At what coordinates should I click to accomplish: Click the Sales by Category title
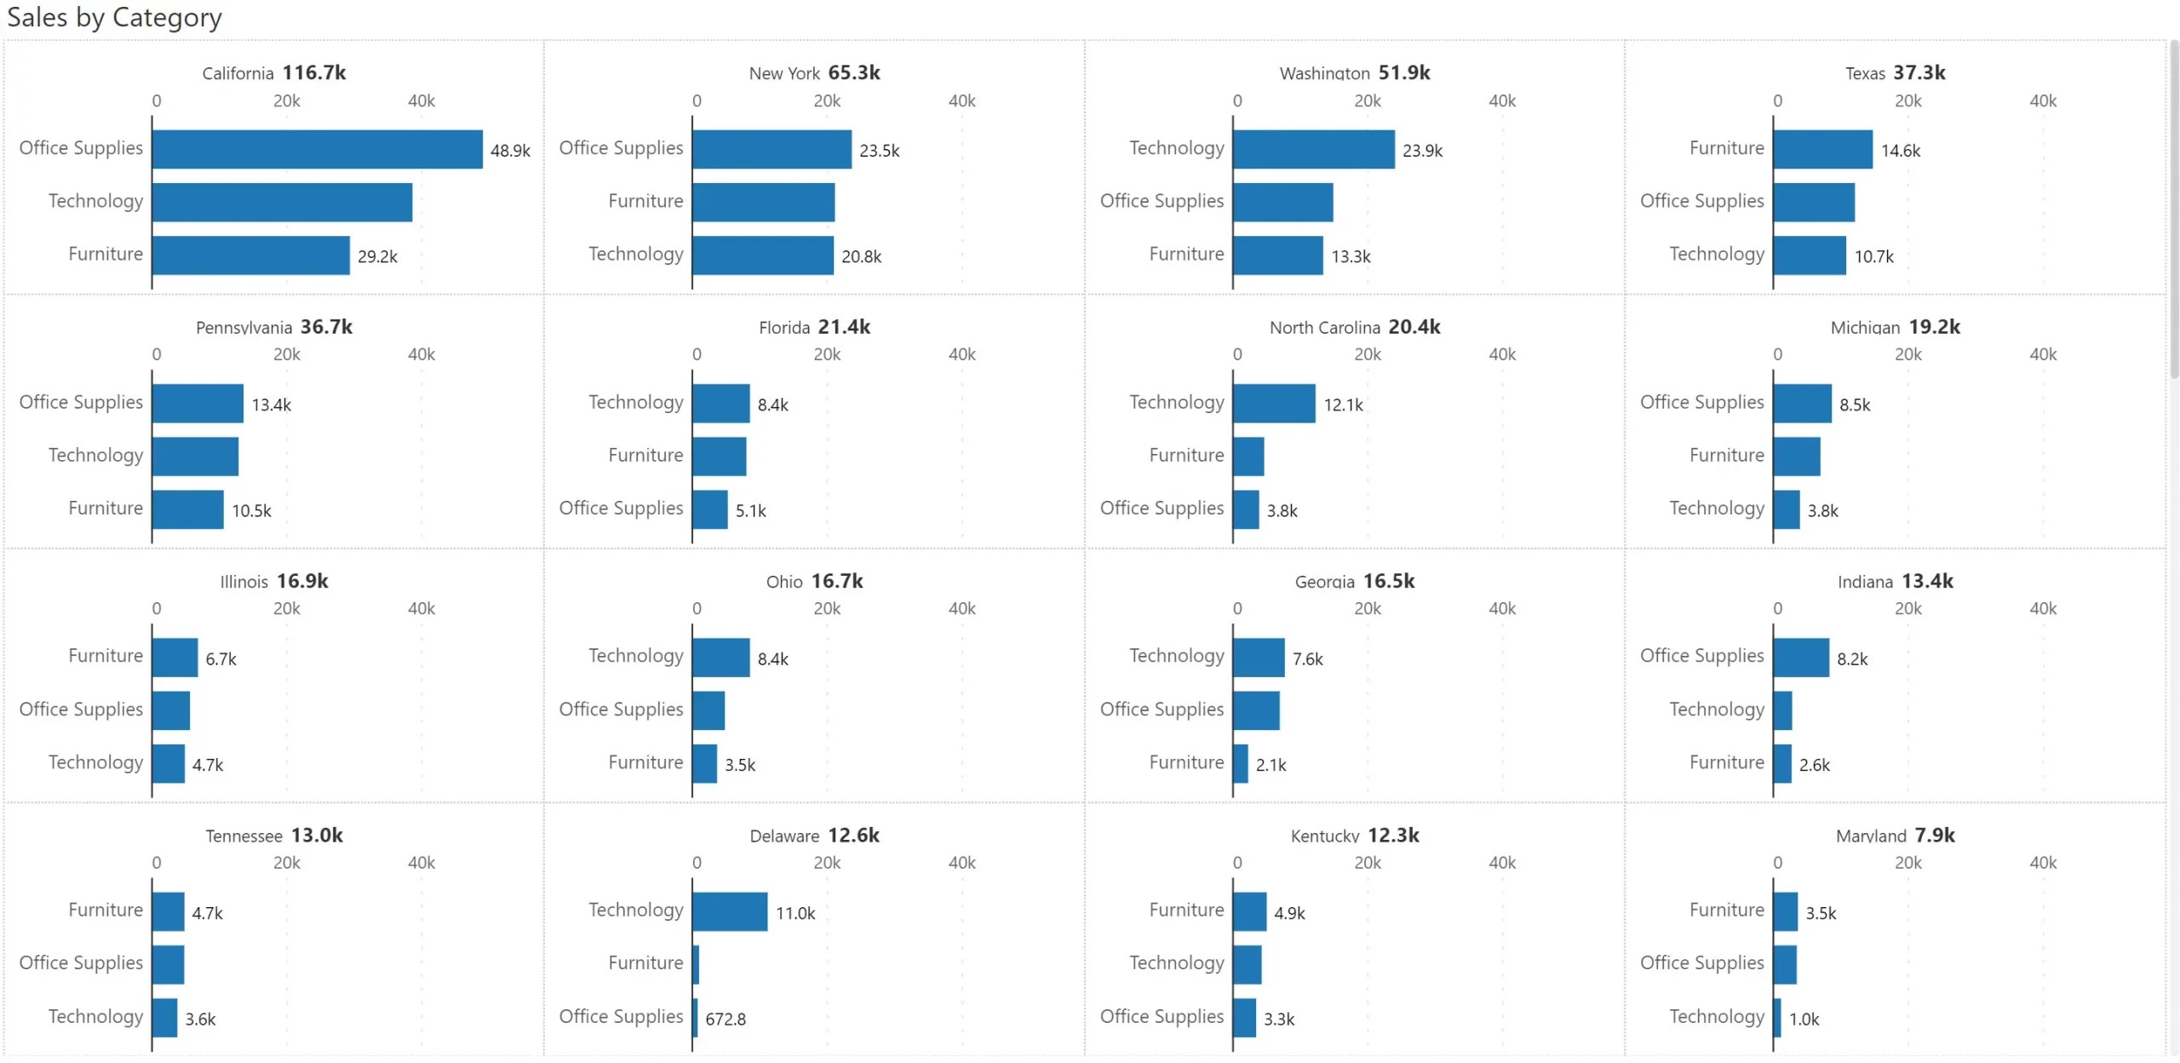[114, 17]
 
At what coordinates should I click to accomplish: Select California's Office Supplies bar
[317, 149]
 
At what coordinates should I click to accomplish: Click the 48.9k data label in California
[510, 151]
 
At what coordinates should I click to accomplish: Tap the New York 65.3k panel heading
[814, 73]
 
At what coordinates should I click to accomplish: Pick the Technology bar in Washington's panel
[1313, 149]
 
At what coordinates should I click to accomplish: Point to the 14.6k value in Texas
[1900, 151]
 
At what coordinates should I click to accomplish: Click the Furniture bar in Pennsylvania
[187, 509]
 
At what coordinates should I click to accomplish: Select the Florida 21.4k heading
[814, 327]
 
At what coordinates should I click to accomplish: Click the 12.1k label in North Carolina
[1343, 405]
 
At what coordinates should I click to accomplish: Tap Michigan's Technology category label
[1716, 509]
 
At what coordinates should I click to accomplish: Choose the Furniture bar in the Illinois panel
[175, 658]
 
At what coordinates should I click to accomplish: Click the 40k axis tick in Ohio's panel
[961, 609]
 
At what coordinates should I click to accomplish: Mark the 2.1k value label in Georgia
[1271, 765]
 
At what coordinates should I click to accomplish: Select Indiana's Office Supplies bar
[1800, 658]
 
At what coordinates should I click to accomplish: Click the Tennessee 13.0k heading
[273, 836]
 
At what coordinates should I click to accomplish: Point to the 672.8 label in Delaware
[725, 1020]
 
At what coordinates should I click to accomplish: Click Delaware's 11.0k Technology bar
[730, 911]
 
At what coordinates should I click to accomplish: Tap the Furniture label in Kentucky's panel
[1185, 911]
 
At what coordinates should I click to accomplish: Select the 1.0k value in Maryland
[1803, 1020]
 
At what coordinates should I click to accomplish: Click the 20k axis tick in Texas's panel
[1907, 101]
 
